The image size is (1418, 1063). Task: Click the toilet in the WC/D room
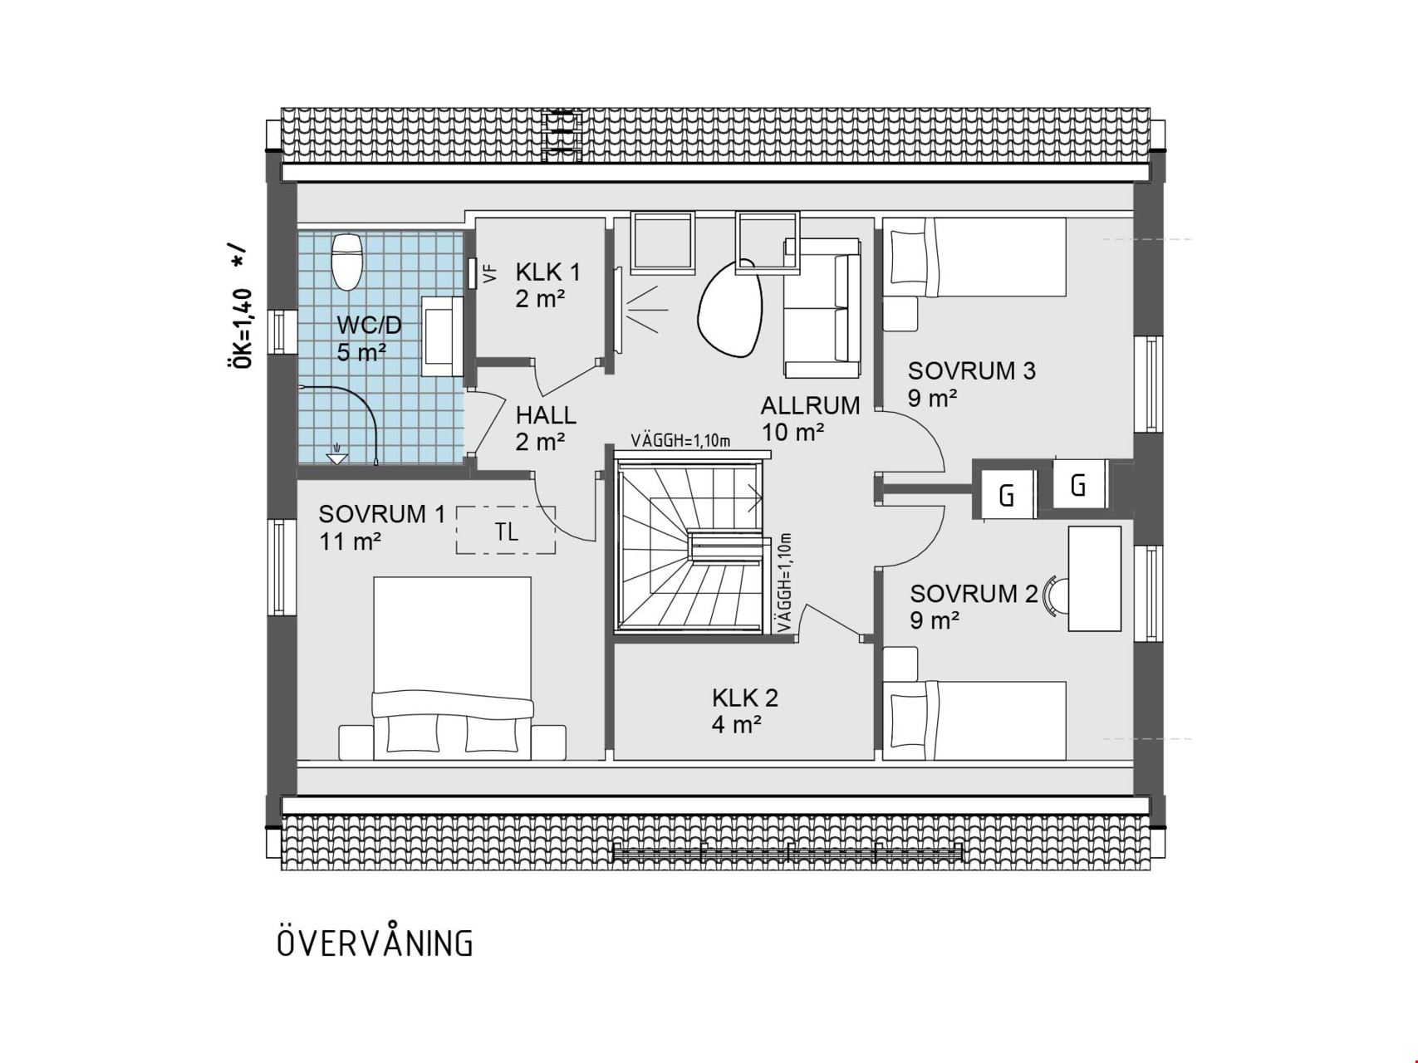click(346, 261)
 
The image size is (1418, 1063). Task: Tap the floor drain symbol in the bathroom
click(336, 455)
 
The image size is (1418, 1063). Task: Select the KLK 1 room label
click(548, 272)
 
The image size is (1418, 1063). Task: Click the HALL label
click(546, 415)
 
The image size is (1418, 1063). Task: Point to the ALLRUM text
click(810, 406)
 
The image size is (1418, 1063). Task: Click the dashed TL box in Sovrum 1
click(505, 530)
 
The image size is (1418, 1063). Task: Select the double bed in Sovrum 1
click(452, 669)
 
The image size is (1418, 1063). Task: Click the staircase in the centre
click(689, 544)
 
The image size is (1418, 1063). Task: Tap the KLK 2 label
click(745, 698)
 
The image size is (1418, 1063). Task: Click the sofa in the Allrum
click(822, 307)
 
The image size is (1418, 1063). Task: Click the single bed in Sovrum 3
click(974, 257)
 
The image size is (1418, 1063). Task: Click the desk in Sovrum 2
click(1095, 578)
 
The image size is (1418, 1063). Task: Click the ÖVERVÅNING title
click(375, 943)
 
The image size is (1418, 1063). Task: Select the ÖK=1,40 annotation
click(240, 328)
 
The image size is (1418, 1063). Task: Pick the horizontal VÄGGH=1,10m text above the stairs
click(680, 440)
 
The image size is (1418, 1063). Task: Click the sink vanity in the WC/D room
click(443, 337)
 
